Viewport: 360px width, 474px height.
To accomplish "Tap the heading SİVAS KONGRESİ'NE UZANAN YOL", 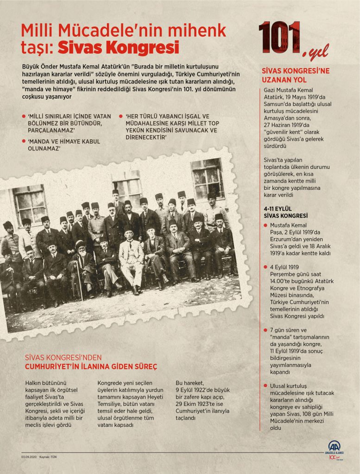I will point(296,75).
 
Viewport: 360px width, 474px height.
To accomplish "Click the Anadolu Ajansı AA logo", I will point(334,446).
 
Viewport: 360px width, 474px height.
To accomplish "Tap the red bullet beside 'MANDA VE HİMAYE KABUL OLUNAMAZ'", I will point(23,141).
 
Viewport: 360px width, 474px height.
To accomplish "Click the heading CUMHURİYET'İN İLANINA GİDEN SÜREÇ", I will point(91,367).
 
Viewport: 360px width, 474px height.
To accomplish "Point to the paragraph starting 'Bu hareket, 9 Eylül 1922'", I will point(202,400).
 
